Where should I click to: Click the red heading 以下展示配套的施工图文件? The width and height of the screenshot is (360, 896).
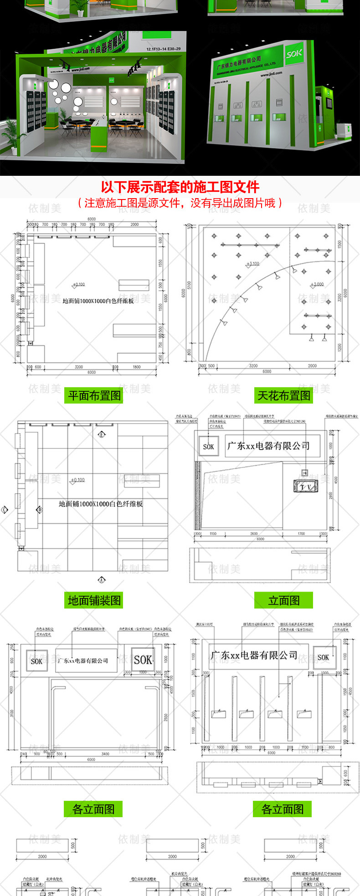click(x=180, y=187)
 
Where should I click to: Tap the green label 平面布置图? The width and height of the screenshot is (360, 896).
click(x=94, y=395)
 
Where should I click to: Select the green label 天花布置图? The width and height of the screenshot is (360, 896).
click(x=283, y=395)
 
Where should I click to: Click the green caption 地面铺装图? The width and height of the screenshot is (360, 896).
click(x=94, y=600)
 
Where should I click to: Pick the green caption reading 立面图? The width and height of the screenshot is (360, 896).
click(x=283, y=600)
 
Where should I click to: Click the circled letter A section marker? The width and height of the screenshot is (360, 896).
click(x=102, y=580)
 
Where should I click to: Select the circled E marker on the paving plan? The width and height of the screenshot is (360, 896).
click(x=102, y=435)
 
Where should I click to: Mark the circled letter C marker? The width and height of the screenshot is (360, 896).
click(x=5, y=510)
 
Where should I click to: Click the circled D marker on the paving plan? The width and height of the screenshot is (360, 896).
click(x=40, y=510)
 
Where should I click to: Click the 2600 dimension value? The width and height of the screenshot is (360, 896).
click(x=254, y=533)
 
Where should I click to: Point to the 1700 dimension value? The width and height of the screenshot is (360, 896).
click(x=301, y=533)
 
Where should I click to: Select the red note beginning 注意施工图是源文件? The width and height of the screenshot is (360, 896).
click(x=180, y=203)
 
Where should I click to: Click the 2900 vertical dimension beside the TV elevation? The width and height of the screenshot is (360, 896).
click(x=331, y=495)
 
